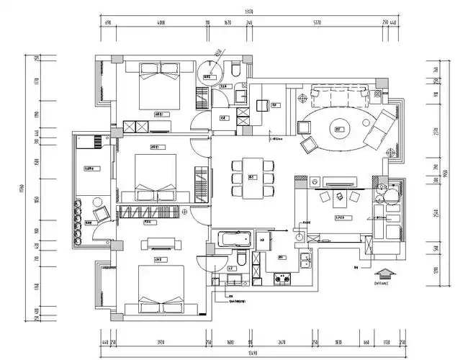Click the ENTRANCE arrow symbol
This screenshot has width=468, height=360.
click(x=386, y=273)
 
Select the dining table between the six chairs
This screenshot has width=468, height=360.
click(x=253, y=176)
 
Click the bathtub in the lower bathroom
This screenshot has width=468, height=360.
click(x=232, y=238)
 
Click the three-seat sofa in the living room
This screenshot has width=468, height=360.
click(x=340, y=94)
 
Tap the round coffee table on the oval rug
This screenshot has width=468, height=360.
click(x=339, y=130)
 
